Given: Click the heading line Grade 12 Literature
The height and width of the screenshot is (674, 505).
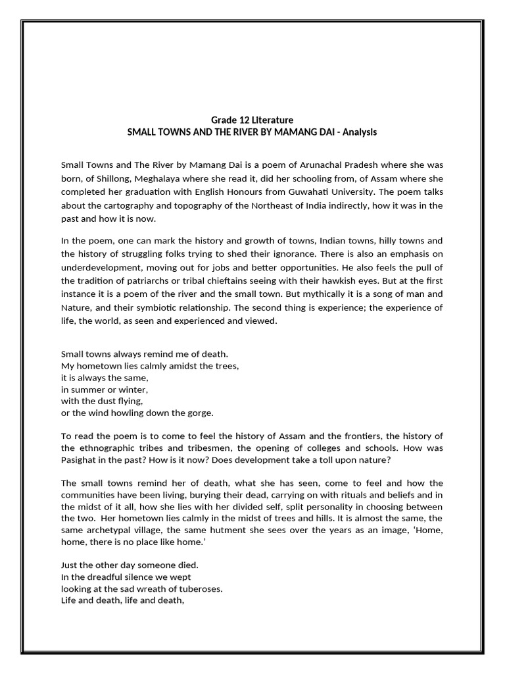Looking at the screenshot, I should pyautogui.click(x=252, y=120).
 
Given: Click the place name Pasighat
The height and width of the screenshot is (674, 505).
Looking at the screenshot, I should pyautogui.click(x=82, y=465).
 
